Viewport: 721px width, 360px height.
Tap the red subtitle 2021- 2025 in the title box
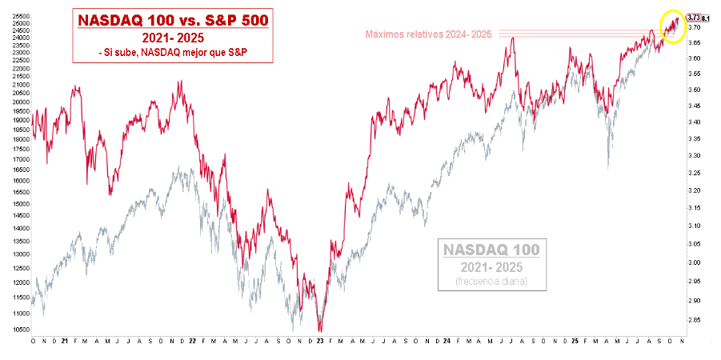(x=174, y=38)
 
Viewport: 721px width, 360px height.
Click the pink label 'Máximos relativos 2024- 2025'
(x=429, y=34)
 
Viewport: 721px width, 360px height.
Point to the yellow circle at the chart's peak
(x=674, y=26)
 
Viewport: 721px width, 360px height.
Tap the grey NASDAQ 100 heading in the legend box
(x=492, y=250)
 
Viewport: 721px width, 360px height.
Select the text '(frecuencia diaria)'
(x=492, y=281)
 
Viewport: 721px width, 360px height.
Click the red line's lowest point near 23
(x=321, y=330)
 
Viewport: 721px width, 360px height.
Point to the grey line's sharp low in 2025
(x=608, y=167)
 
